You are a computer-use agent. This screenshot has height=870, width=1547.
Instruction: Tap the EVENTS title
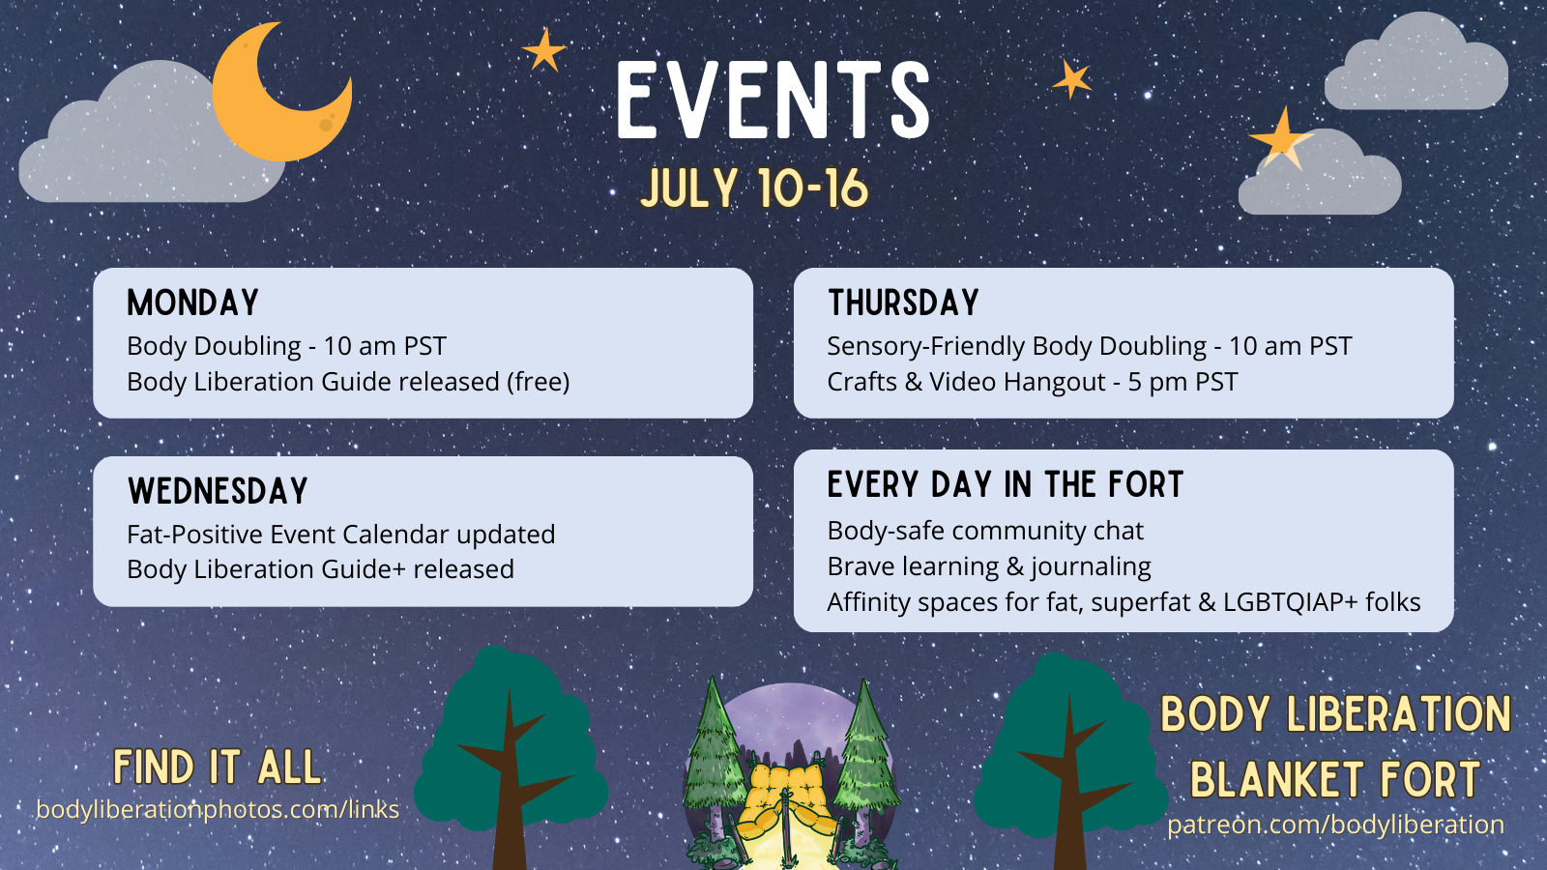pos(773,101)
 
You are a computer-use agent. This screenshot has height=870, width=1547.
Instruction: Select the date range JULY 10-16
pos(754,188)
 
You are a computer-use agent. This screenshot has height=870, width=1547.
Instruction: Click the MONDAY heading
pos(192,303)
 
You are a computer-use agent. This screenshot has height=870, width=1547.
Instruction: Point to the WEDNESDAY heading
pos(218,491)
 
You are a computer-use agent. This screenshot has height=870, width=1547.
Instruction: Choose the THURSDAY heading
pos(903,303)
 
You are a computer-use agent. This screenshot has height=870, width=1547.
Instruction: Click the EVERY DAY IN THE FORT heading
pos(1006,484)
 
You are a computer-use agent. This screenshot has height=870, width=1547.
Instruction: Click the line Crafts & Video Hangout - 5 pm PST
pos(1033,382)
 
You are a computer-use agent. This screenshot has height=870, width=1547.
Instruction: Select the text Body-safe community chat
pos(985,531)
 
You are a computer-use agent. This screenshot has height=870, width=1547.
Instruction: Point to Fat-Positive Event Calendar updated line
pos(341,535)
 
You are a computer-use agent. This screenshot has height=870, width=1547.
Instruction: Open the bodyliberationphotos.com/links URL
pos(218,809)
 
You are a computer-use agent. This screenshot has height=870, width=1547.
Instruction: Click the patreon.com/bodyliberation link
pos(1335,825)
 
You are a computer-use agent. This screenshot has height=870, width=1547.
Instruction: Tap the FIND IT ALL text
pos(218,768)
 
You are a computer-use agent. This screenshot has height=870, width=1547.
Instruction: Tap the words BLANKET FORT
pos(1335,779)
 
